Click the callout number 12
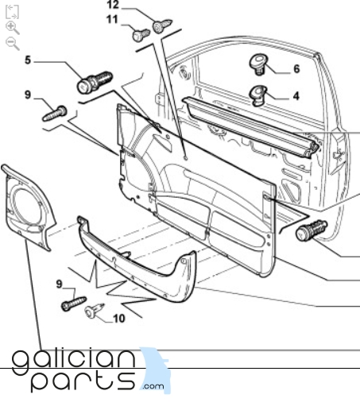pos(113,5)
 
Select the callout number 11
pos(112,20)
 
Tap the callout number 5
pos(28,60)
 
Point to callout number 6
pos(296,69)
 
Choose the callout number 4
pos(296,96)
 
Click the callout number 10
pos(119,319)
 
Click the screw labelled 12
pos(162,25)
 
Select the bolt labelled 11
pos(141,35)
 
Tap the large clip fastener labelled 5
pos(95,82)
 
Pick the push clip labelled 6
pos(258,64)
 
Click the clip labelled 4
pos(258,95)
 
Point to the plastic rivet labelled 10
pos(94,310)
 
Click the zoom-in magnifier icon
pos(13,28)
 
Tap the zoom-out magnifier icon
pos(13,44)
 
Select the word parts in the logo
pos(83,381)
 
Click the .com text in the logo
pos(153,386)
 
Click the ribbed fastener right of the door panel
pos(312,230)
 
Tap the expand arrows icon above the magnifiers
pos(12,12)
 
